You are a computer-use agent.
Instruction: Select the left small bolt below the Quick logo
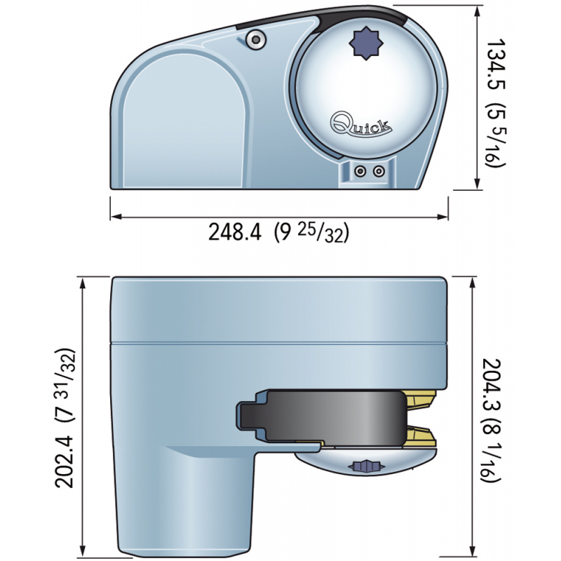click(360, 170)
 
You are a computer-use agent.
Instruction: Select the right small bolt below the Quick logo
click(379, 170)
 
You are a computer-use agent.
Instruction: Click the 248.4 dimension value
click(235, 231)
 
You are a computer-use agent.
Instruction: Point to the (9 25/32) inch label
click(311, 231)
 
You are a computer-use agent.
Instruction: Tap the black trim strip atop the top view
click(372, 13)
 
